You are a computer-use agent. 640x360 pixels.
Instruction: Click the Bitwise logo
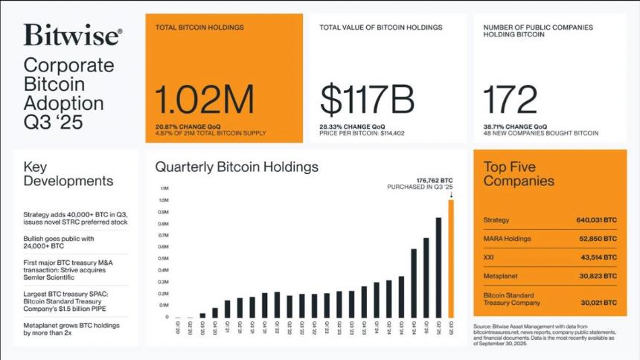[72, 35]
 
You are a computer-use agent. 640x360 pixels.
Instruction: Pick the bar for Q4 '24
[414, 283]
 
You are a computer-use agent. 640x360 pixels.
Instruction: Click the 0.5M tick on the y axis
[163, 258]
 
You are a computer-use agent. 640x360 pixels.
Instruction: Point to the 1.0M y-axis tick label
[163, 200]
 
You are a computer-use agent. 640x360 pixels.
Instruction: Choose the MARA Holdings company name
[507, 239]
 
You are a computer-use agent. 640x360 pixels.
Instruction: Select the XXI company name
[490, 257]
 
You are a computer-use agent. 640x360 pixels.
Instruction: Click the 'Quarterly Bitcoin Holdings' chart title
[237, 167]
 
